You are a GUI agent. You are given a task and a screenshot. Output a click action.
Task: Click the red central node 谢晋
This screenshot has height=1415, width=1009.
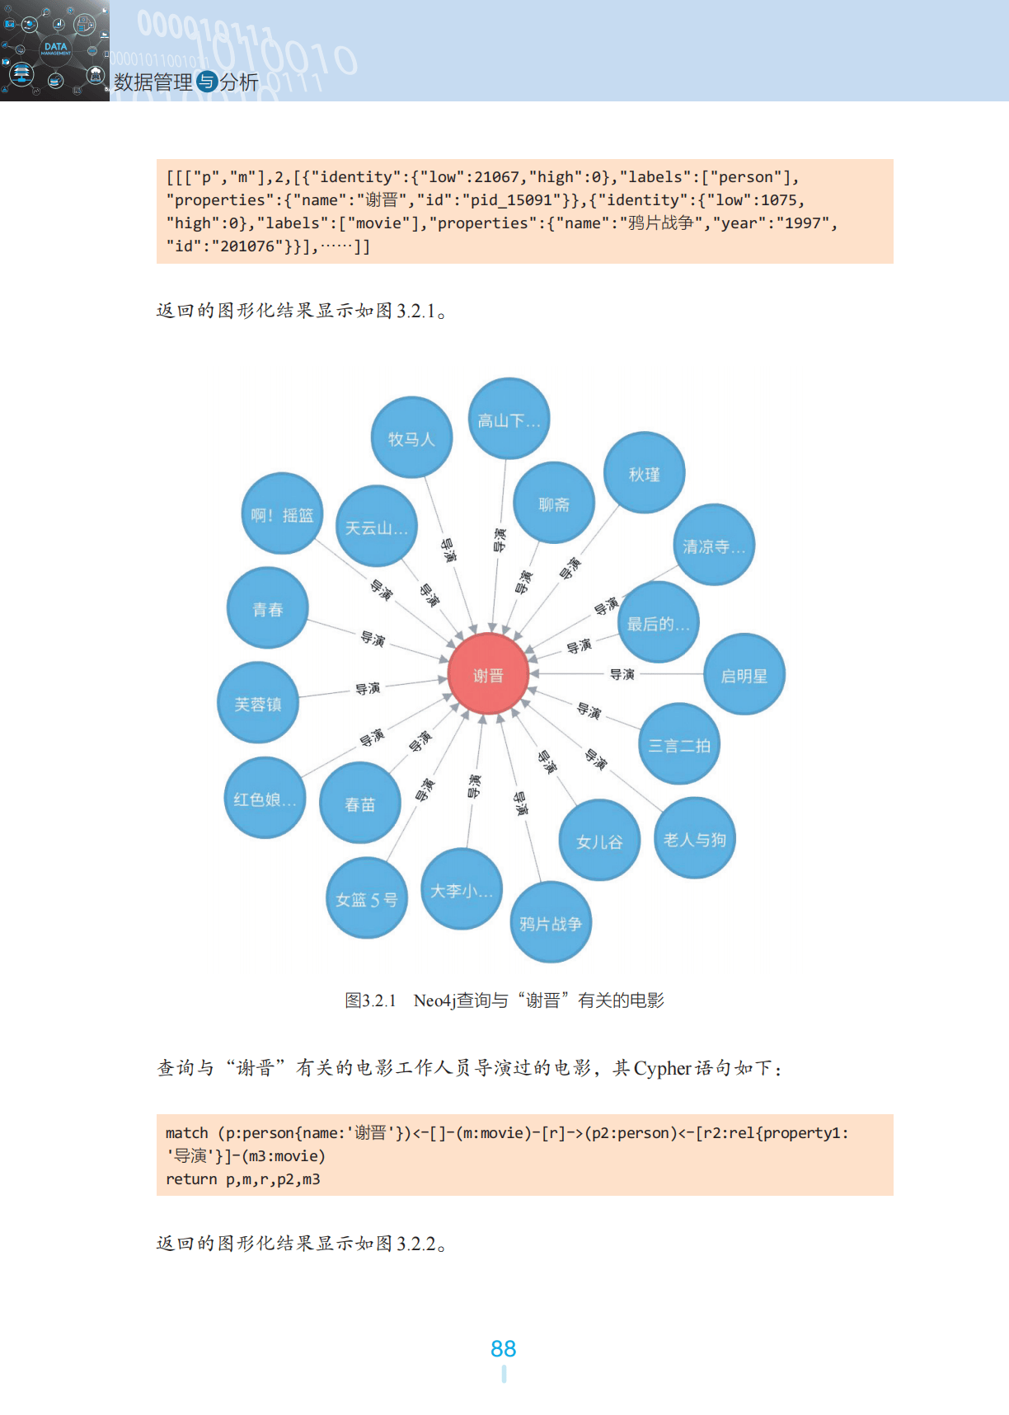[488, 675]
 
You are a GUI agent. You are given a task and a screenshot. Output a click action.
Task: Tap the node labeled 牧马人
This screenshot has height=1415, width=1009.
[411, 438]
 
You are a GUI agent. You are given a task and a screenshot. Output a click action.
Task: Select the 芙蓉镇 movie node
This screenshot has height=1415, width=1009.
[258, 704]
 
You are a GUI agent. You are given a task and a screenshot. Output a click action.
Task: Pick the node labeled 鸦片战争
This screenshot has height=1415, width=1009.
[551, 923]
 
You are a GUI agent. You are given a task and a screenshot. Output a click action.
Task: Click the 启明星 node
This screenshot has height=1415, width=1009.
[744, 675]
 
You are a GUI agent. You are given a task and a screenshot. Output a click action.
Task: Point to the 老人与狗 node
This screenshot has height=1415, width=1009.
[694, 839]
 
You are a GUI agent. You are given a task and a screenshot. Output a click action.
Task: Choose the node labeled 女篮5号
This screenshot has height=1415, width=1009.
[367, 899]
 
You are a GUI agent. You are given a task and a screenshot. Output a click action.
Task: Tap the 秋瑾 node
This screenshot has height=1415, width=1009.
[644, 474]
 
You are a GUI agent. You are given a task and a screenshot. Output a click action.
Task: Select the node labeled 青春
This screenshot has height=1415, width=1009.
[268, 609]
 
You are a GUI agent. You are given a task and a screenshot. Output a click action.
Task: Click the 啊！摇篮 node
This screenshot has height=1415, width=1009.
[282, 515]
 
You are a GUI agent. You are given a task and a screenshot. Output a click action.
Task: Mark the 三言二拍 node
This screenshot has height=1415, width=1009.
[679, 745]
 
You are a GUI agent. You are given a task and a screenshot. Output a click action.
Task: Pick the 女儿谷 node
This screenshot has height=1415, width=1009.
[599, 841]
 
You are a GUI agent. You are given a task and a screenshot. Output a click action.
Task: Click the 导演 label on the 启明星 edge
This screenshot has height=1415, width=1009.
[622, 674]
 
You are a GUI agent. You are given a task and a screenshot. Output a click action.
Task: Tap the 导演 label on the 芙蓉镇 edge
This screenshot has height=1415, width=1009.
[368, 688]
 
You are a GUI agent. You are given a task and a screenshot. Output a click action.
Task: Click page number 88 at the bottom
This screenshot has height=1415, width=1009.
[503, 1348]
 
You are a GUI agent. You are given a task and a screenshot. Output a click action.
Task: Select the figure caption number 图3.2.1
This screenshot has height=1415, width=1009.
[370, 1000]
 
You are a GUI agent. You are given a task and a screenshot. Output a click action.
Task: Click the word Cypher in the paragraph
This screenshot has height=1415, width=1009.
[662, 1068]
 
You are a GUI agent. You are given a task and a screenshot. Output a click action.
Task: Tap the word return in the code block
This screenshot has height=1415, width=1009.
[191, 1179]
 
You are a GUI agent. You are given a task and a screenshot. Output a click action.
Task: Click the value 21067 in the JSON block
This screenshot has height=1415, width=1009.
[496, 177]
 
